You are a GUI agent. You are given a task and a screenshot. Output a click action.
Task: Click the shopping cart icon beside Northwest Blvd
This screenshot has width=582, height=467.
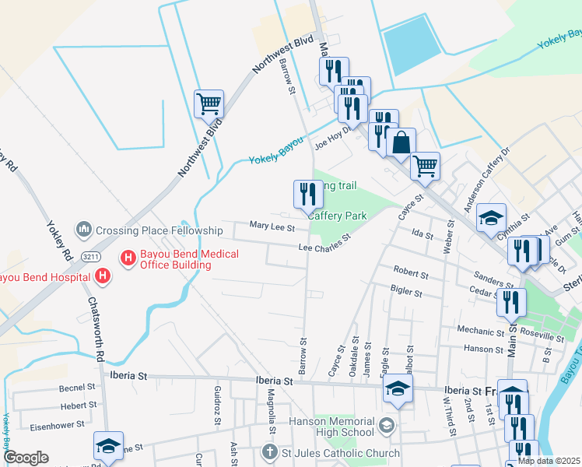click(209, 104)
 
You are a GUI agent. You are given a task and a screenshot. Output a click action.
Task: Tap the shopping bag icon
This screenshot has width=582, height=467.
click(401, 143)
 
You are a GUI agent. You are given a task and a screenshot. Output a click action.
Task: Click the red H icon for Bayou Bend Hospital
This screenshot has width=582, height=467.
click(102, 276)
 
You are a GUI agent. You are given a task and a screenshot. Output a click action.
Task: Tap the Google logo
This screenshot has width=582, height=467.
click(26, 458)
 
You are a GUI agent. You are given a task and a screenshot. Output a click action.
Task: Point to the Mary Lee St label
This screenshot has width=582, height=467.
click(272, 227)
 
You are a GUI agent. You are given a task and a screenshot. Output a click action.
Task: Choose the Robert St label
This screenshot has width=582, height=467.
click(411, 275)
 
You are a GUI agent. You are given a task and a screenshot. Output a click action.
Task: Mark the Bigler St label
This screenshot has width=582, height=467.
click(405, 293)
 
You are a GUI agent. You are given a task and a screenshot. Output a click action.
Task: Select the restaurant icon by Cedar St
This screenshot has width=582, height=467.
click(511, 302)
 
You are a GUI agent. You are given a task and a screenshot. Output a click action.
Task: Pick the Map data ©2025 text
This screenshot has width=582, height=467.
click(549, 461)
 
